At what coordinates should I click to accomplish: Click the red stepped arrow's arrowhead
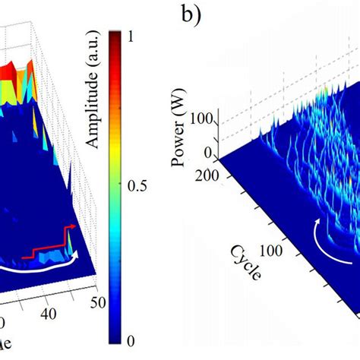[x=74, y=226]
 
